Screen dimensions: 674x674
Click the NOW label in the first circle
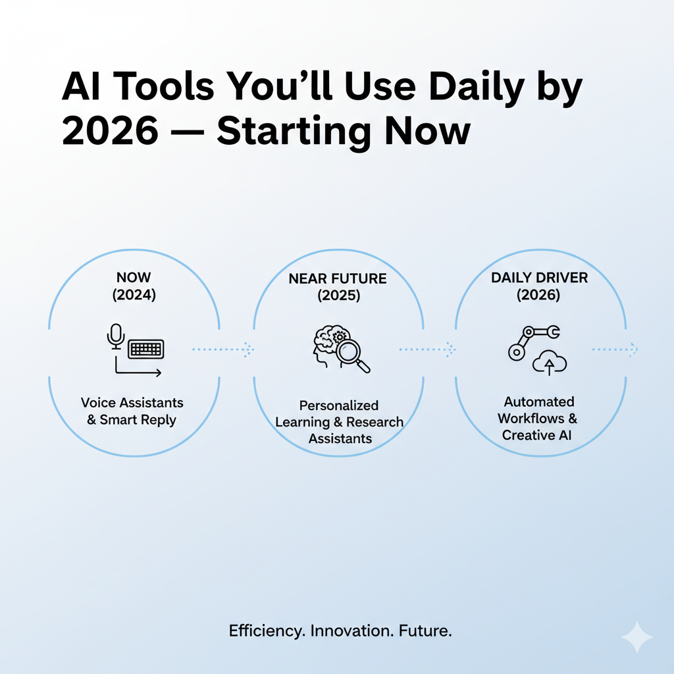click(134, 278)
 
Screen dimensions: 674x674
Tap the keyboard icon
click(145, 350)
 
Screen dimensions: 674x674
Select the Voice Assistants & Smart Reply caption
click(132, 411)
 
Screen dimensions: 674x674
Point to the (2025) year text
click(339, 296)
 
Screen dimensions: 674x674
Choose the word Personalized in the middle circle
click(339, 405)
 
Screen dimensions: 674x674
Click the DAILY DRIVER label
click(539, 278)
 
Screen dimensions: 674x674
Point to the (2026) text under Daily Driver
click(539, 295)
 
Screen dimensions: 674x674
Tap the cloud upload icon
click(550, 362)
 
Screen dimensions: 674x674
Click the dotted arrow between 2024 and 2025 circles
click(222, 350)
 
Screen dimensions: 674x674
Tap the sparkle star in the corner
click(636, 636)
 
